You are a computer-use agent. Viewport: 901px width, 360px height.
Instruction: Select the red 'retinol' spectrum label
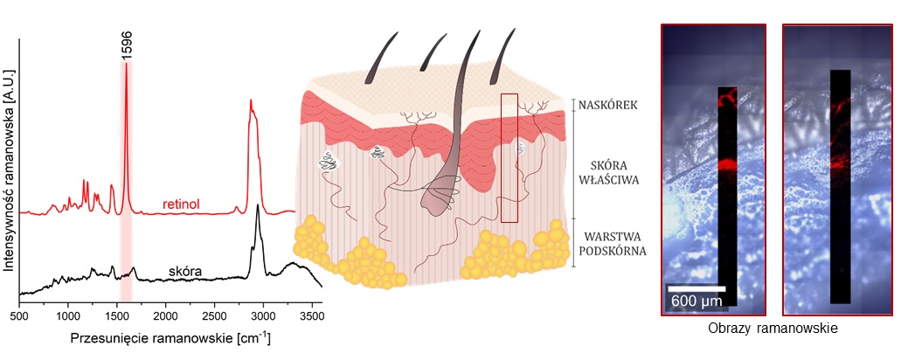(182, 204)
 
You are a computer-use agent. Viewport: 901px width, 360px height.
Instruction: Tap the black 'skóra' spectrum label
(185, 272)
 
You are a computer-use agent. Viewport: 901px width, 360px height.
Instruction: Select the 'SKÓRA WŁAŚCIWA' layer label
(610, 172)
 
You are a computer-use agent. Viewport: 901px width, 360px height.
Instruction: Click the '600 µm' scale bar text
(697, 301)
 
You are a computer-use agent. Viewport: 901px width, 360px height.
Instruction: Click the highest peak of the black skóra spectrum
(258, 207)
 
